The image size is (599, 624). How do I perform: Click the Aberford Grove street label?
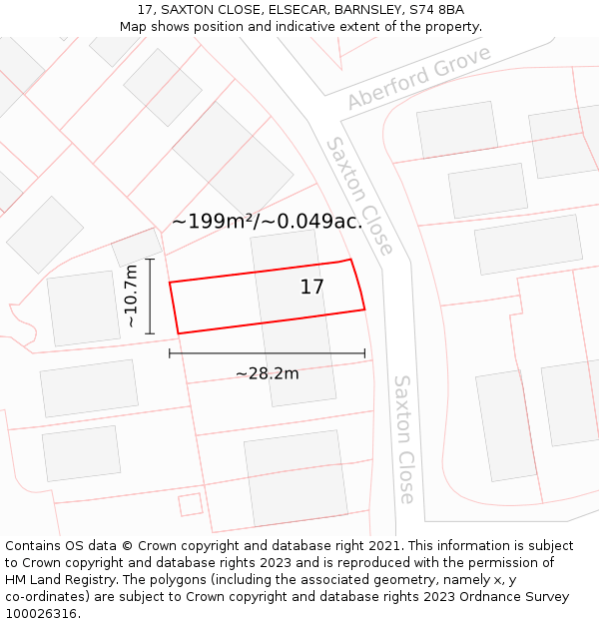tap(419, 77)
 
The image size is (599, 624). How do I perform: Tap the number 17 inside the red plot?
tap(312, 288)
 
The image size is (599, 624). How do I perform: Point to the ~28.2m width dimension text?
tap(267, 373)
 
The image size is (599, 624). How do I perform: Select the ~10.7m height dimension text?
tap(130, 296)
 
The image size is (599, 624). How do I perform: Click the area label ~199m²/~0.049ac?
tap(267, 222)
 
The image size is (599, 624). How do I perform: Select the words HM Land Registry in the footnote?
tap(57, 580)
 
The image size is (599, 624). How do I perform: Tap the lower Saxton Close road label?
tap(403, 439)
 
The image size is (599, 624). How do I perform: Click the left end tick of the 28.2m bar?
tap(170, 352)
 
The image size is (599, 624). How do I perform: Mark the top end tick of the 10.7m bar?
tap(150, 260)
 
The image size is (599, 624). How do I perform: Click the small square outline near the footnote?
tap(190, 504)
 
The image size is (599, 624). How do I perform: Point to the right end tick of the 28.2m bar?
tap(365, 352)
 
